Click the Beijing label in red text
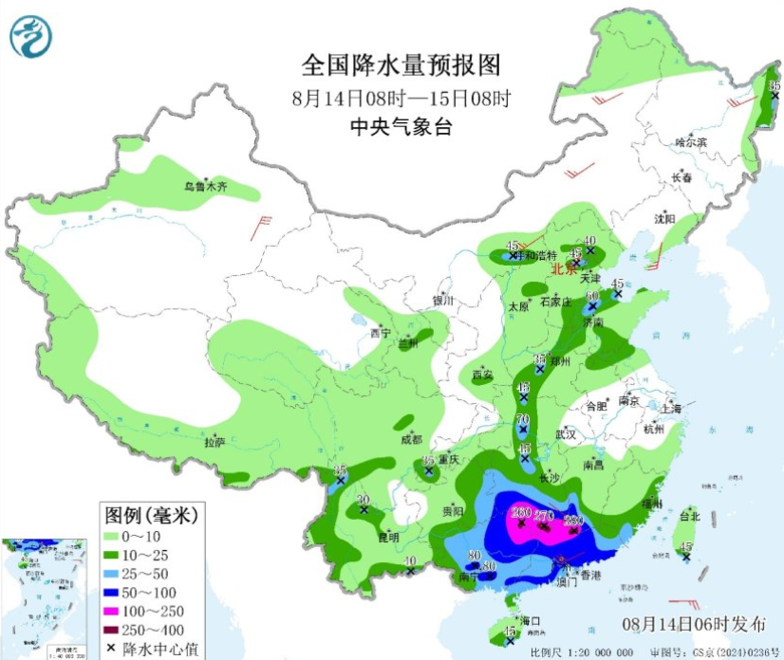(565, 268)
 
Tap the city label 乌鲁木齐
(206, 187)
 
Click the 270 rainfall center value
(544, 515)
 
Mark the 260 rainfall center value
(520, 513)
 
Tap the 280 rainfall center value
(573, 520)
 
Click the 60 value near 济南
(592, 296)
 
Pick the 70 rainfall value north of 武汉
(522, 419)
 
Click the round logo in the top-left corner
(30, 37)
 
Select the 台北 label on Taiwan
(689, 517)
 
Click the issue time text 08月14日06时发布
(694, 624)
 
